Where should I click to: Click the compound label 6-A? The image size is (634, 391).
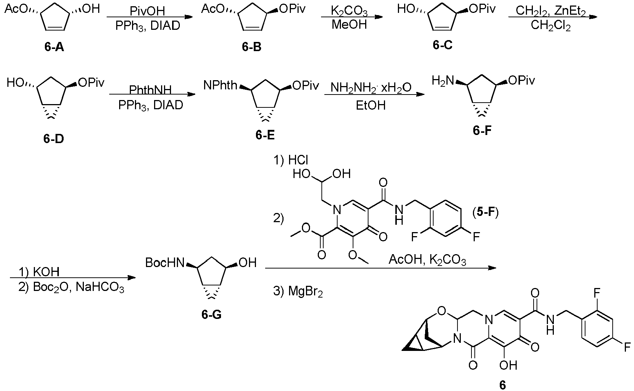click(54, 47)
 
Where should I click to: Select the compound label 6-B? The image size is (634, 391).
click(252, 47)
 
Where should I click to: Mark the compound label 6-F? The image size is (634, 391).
click(482, 131)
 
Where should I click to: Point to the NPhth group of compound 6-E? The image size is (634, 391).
click(220, 86)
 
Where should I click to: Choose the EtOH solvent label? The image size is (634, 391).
click(371, 106)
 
